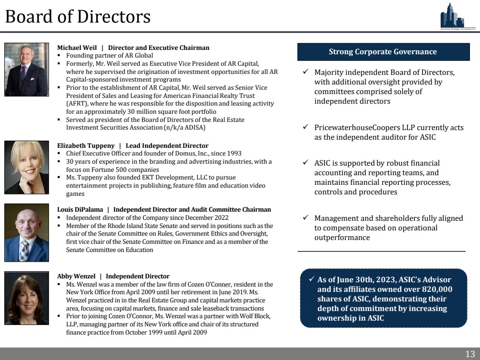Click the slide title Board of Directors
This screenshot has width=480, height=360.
[78, 17]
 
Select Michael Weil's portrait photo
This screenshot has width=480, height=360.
[26, 70]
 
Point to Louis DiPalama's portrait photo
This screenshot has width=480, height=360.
[26, 232]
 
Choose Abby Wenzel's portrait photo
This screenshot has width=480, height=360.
[26, 298]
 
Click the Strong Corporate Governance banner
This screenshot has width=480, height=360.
[382, 52]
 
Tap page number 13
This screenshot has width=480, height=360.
[469, 354]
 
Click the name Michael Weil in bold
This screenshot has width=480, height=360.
[77, 48]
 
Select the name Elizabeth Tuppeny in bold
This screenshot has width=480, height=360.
[86, 145]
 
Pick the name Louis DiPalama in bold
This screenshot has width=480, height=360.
[80, 210]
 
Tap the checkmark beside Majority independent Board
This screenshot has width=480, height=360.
[306, 72]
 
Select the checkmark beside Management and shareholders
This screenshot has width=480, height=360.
[306, 218]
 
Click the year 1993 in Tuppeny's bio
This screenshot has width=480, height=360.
[234, 154]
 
